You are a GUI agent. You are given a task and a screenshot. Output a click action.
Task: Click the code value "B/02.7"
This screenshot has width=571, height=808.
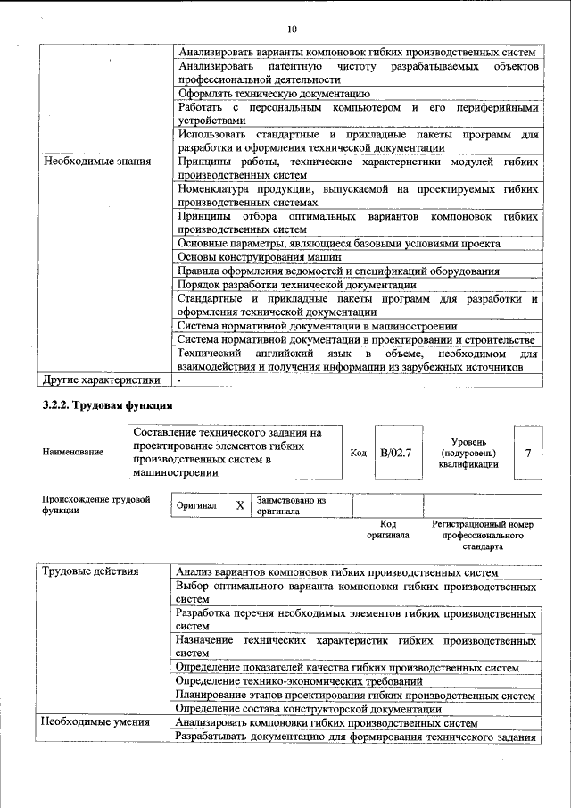(x=395, y=453)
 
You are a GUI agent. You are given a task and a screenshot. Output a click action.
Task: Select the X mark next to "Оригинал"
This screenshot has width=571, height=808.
(x=240, y=505)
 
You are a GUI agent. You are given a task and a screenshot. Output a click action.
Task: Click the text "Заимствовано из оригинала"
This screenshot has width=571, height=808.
(x=292, y=505)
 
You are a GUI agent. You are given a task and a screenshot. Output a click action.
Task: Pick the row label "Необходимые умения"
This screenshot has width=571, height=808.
(x=94, y=722)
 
